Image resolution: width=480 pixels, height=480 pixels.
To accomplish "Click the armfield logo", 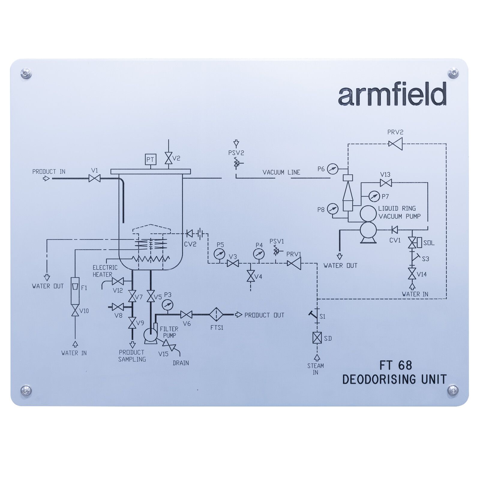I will point(392,94).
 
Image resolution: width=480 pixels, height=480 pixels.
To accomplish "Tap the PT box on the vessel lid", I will point(150,160).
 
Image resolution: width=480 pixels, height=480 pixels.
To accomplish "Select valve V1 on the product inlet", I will point(94,179).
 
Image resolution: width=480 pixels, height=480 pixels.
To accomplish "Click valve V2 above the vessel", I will point(168,158).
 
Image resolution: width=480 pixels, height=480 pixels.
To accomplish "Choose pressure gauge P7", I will point(374,196).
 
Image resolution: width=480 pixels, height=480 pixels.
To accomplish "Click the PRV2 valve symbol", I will point(395,144).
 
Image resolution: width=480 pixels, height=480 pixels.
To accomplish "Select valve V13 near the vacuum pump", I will point(385,182).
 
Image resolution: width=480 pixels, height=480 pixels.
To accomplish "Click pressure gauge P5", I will point(220,254).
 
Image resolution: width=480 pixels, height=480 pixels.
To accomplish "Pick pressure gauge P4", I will point(258,254).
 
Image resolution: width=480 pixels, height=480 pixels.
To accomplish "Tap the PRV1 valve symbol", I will point(294,263).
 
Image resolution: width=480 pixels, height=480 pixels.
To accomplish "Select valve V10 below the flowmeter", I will point(75,311).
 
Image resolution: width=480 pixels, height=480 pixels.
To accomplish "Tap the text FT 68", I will point(396,365).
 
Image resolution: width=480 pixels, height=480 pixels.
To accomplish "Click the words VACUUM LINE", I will point(281,172).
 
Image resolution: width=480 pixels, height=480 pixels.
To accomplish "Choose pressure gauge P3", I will point(168,305).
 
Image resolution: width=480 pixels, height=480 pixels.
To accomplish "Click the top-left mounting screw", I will point(26,73).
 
